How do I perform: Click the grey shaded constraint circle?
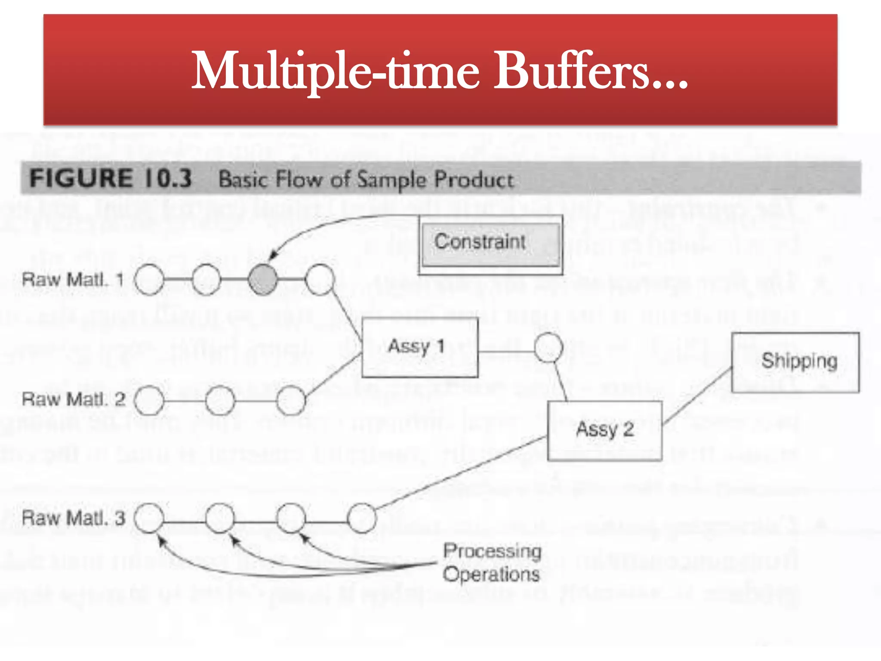262,280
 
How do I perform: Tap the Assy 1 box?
420,347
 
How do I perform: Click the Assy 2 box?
604,431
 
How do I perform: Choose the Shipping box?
795,362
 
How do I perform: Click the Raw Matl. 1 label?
73,280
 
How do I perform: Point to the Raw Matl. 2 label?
74,399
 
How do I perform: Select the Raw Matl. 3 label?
74,518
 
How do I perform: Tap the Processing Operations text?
492,562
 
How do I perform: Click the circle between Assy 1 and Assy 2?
548,347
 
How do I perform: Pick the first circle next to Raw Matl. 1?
149,280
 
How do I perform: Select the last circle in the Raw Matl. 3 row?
361,518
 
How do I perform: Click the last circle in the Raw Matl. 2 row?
291,400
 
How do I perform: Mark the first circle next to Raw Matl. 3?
149,518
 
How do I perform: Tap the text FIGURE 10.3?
111,178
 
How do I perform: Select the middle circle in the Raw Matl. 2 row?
220,400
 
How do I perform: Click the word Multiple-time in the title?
335,71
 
